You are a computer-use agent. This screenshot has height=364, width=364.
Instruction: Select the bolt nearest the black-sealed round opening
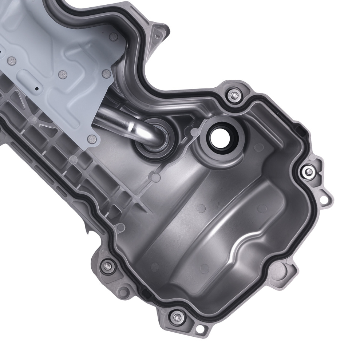233,95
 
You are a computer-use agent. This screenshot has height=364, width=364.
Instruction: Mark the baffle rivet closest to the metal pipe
92,138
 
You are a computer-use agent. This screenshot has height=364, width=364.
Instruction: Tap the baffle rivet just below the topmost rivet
106,75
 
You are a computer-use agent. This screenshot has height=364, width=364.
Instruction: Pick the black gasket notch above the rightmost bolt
299,129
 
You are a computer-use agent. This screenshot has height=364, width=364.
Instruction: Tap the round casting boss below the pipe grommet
156,178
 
